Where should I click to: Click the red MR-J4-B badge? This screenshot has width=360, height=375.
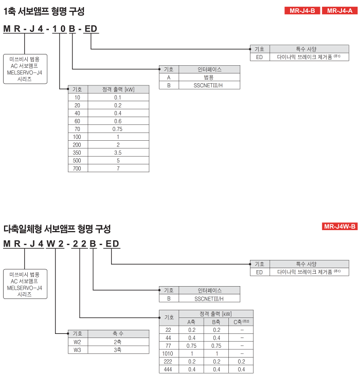tap(302, 10)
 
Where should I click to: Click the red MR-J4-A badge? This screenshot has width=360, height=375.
tap(339, 10)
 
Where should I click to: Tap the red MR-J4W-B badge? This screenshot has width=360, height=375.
tap(339, 226)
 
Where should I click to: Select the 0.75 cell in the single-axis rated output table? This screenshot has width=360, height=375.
tap(118, 129)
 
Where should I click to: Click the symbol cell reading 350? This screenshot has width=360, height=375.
tap(77, 153)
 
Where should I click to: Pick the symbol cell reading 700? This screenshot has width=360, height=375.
tap(77, 168)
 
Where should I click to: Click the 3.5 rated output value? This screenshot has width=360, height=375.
tap(118, 153)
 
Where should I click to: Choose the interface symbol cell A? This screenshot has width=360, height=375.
tap(169, 78)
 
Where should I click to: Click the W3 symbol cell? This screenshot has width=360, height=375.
tap(77, 350)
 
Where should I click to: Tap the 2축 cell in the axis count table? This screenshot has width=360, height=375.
tap(118, 342)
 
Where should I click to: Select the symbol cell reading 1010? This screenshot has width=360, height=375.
tap(168, 354)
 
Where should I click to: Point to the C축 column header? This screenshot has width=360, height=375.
tap(241, 322)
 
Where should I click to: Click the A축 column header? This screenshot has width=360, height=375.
tap(191, 322)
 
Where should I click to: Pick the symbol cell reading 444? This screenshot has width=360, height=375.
tap(168, 369)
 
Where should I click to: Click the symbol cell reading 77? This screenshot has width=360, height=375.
tap(168, 346)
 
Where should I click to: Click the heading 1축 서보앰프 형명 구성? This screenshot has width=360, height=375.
tap(44, 11)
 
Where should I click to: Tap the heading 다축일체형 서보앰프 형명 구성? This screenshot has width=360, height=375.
tap(57, 229)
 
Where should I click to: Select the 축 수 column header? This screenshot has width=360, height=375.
tap(118, 333)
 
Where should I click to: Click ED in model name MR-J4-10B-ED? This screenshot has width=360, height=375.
tap(91, 29)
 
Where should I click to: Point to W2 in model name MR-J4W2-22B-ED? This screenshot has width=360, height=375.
tap(55, 244)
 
